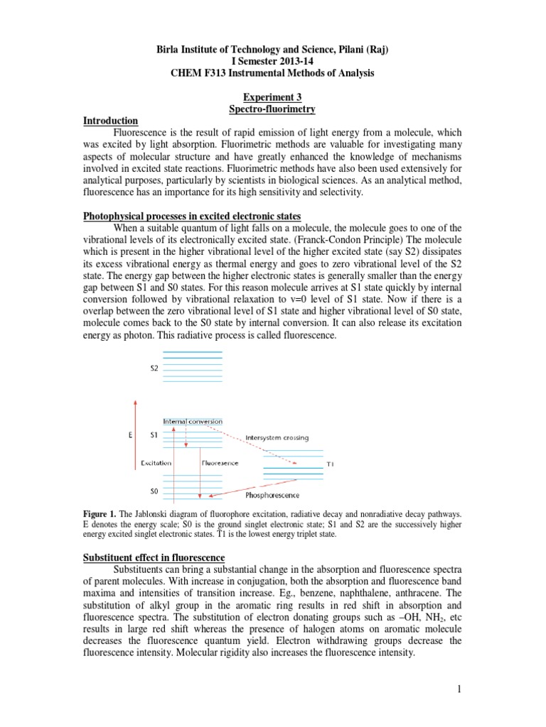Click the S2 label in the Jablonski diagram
pyautogui.click(x=154, y=368)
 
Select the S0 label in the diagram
pyautogui.click(x=154, y=491)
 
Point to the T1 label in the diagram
pyautogui.click(x=330, y=464)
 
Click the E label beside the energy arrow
pyautogui.click(x=130, y=434)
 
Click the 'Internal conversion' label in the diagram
pyautogui.click(x=193, y=421)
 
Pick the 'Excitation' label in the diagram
pyautogui.click(x=156, y=463)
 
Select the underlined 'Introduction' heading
pyautogui.click(x=110, y=121)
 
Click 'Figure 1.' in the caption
pyautogui.click(x=100, y=513)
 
